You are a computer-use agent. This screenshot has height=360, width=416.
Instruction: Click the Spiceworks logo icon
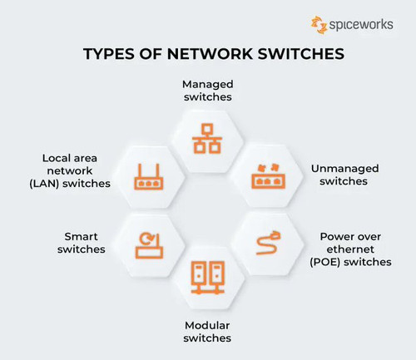pos(319,25)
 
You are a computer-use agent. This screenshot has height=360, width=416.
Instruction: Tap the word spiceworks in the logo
pos(361,25)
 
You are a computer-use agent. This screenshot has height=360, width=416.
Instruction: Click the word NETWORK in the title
pos(210,54)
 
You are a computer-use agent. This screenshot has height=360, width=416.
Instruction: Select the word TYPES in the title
pos(109,54)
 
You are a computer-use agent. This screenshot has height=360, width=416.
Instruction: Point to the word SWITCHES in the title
pos(301,54)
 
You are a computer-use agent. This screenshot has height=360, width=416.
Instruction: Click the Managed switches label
pos(208,91)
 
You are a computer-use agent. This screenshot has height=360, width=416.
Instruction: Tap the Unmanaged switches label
pos(344,175)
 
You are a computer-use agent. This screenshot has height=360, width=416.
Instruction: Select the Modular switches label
pos(207,332)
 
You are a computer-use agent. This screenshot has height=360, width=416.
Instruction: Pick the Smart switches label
pos(82,243)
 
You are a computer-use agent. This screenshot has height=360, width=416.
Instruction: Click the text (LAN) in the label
pos(44,184)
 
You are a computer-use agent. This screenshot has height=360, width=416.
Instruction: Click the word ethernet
pos(350,249)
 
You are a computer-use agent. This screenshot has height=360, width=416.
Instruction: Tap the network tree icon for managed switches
pos(207,139)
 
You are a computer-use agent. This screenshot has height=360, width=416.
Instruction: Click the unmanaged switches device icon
pos(269,176)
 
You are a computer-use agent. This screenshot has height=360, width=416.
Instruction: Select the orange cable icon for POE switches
pos(269,243)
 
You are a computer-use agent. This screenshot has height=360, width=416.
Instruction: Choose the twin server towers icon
pos(208,278)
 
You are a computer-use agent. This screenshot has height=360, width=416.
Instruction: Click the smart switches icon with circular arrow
pos(149,246)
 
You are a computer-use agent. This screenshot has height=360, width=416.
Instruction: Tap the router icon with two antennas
pos(149,177)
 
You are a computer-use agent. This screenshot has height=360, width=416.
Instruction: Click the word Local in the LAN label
pos(53,158)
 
